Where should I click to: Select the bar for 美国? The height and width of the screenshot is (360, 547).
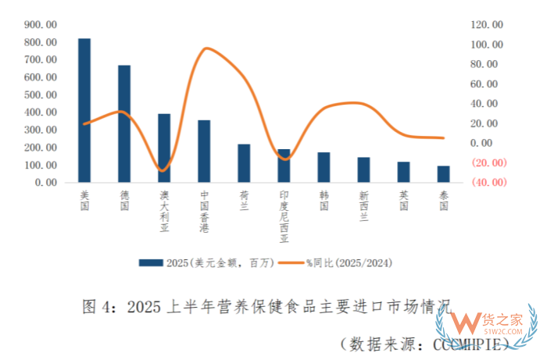tap(84, 110)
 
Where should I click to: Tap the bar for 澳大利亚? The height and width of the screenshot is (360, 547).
tap(164, 148)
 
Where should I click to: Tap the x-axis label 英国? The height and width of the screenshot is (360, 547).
tap(403, 199)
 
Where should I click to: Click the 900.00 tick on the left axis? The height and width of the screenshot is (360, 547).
tap(40, 24)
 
